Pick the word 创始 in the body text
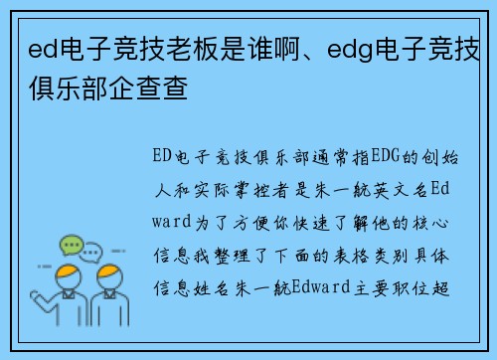coord(438,158)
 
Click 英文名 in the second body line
coord(405,191)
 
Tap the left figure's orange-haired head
coord(68,277)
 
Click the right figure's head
coord(110,277)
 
